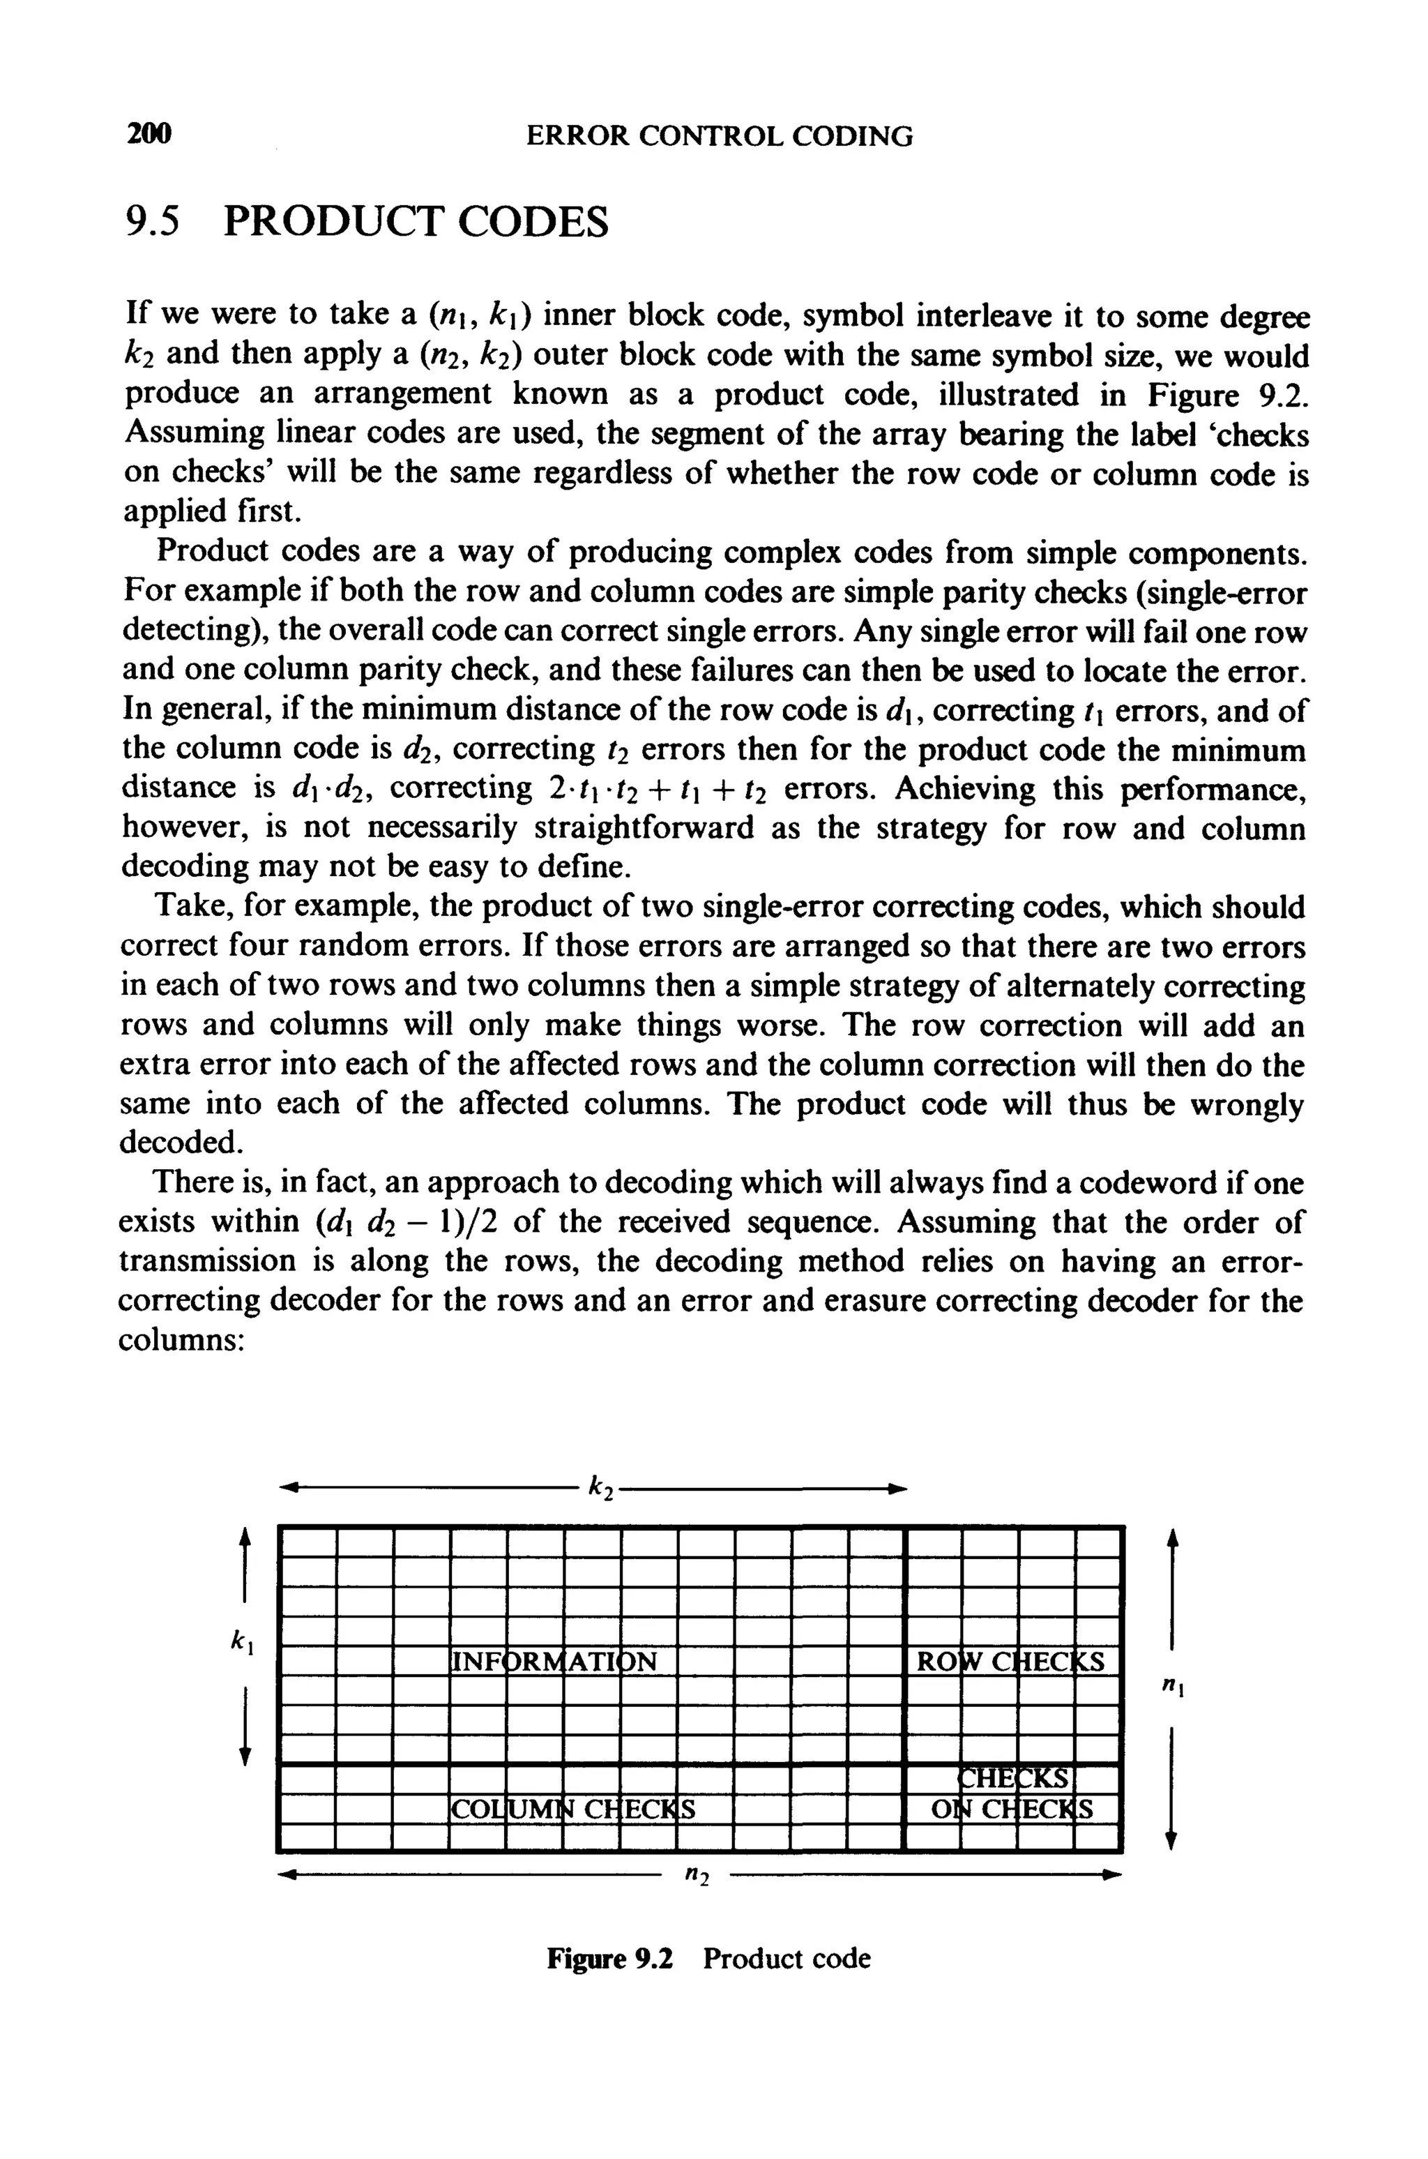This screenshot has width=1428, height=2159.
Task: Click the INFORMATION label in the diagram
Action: click(554, 1662)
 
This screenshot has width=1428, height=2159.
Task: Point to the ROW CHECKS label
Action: click(1011, 1662)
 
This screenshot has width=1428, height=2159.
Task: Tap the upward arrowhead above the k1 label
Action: click(243, 1537)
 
